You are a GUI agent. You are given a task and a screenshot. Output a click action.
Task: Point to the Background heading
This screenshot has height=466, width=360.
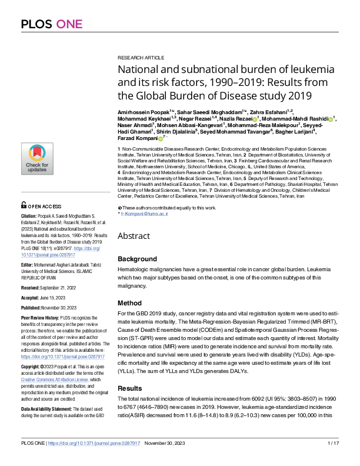coord(137,259)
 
